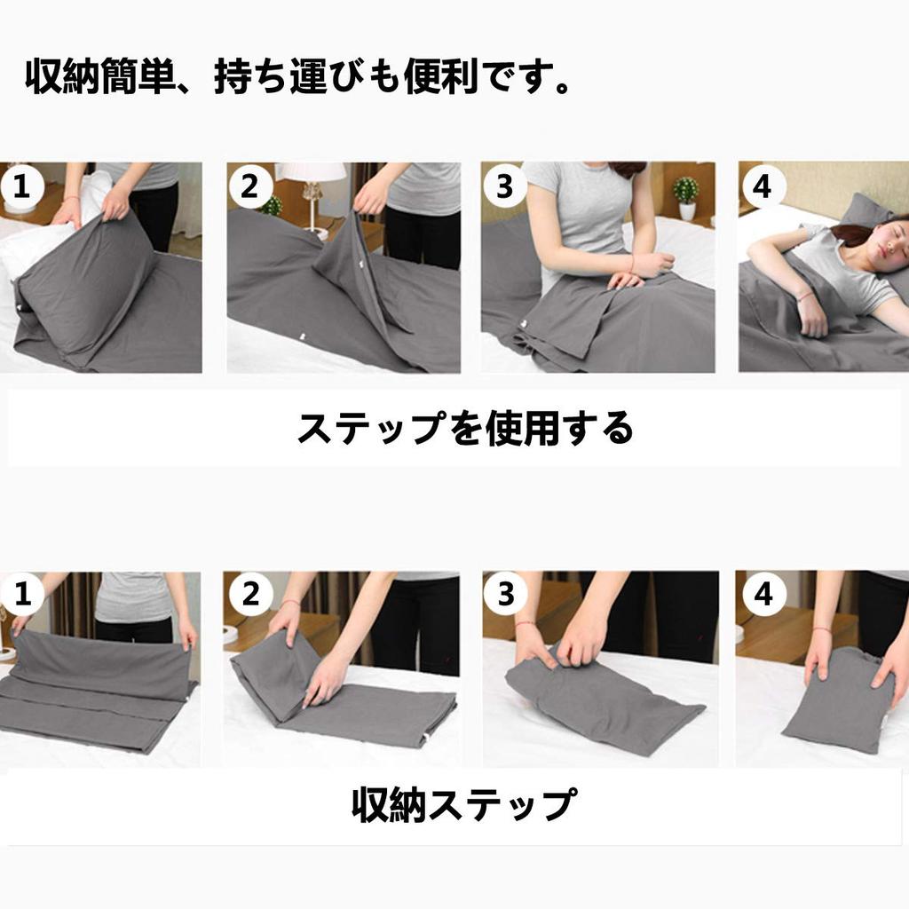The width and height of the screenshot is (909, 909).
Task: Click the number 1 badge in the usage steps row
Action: (22, 187)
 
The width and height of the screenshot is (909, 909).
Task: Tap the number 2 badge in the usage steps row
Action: (249, 187)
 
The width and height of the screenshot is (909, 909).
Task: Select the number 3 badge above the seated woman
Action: (504, 187)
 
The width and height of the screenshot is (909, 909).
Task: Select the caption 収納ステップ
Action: (462, 805)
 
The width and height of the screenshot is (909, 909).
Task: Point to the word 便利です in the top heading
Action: (486, 78)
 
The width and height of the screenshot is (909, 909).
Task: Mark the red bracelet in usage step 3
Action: (630, 264)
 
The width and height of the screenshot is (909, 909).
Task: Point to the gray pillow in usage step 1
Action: (84, 284)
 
